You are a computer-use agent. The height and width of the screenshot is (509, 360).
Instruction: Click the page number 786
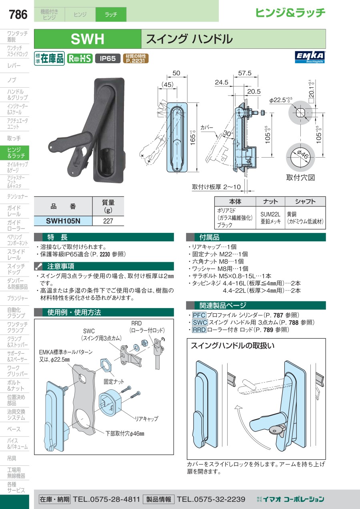(18, 14)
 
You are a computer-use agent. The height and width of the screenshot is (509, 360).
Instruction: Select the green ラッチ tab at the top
(111, 14)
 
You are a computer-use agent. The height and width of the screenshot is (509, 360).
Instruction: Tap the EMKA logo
(310, 57)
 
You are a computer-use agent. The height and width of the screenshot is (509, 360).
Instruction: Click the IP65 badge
(108, 58)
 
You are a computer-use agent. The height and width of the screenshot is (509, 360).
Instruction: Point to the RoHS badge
(80, 58)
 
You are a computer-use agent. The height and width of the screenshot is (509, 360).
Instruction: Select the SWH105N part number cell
(63, 221)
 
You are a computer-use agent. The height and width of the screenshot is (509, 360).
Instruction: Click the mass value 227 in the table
(108, 221)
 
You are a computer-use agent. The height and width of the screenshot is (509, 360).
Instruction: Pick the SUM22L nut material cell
(270, 218)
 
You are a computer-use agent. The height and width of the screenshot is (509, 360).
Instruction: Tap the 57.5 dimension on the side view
(245, 73)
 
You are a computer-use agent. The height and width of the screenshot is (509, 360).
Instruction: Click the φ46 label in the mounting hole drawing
(302, 155)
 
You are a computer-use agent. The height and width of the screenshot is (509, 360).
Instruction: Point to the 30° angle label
(227, 133)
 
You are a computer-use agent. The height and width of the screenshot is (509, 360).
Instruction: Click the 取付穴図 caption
(300, 177)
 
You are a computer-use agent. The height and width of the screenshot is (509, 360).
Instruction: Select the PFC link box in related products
(199, 315)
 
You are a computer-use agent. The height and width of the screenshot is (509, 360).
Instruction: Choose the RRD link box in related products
(199, 330)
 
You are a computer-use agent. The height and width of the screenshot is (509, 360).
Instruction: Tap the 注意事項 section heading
(61, 266)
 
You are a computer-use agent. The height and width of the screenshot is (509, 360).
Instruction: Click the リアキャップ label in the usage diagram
(146, 419)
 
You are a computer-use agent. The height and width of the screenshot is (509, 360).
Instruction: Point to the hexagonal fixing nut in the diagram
(106, 366)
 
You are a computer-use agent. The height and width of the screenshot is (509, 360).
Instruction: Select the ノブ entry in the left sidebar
(12, 80)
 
